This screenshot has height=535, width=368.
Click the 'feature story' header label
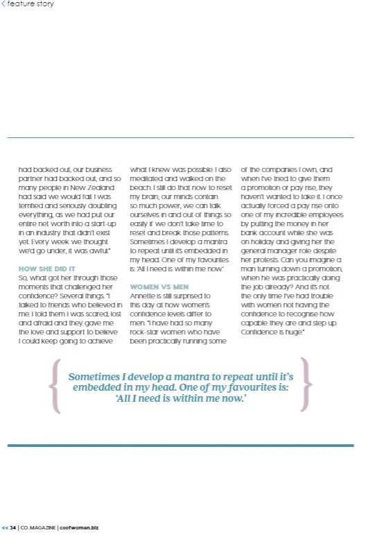click(30, 4)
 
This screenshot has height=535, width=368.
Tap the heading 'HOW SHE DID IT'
click(46, 269)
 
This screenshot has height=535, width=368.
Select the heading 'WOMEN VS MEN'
click(158, 286)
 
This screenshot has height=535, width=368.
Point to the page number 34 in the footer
click(13, 527)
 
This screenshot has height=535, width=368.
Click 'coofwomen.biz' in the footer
click(80, 527)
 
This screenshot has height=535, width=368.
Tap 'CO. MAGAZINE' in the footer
click(39, 527)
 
